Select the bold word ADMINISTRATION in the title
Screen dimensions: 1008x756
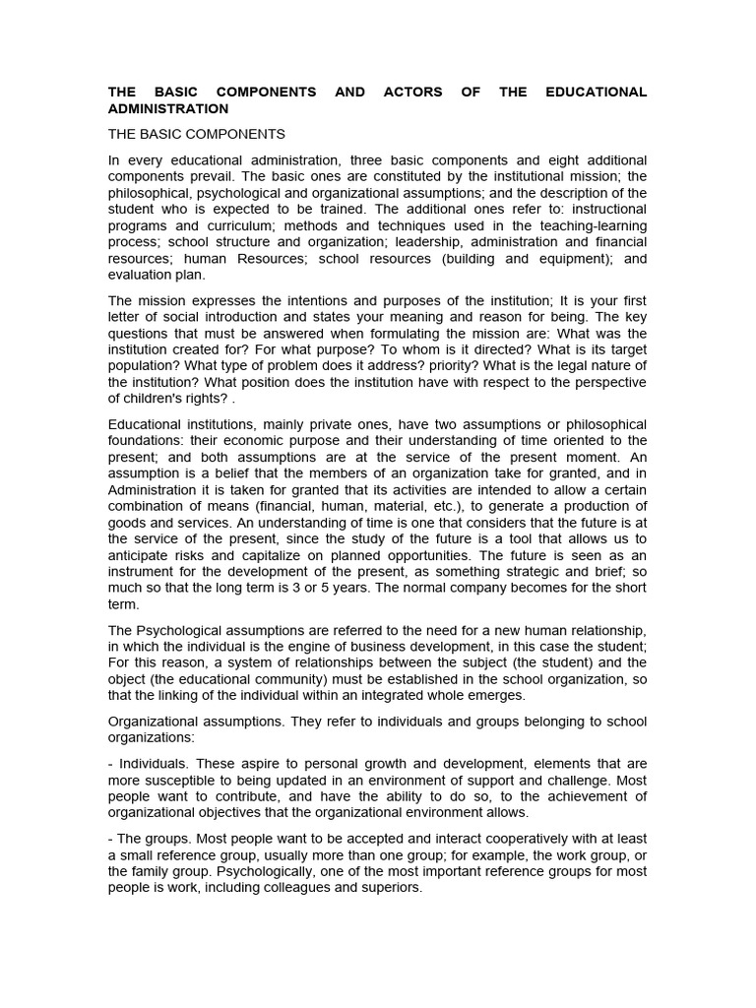pyautogui.click(x=167, y=108)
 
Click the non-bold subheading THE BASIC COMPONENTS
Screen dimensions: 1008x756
pyautogui.click(x=196, y=134)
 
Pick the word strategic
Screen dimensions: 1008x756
pyautogui.click(x=531, y=571)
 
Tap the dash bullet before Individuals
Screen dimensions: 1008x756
pyautogui.click(x=110, y=763)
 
